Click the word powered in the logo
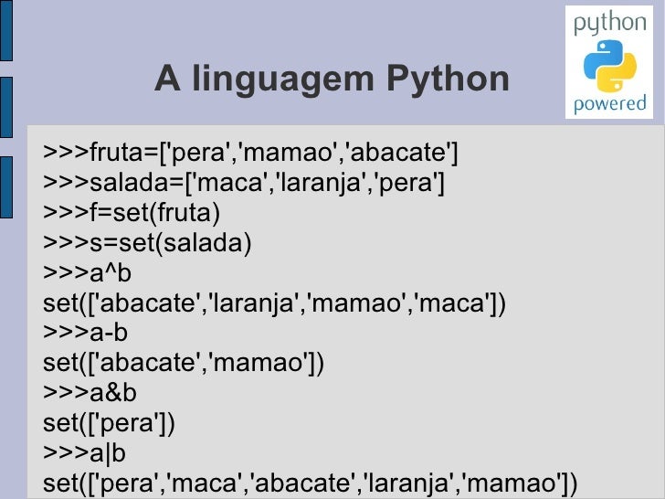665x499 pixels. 609,103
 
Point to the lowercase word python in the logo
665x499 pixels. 609,25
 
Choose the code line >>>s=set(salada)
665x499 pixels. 146,243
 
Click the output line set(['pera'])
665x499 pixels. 109,423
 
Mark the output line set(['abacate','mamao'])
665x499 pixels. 183,364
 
